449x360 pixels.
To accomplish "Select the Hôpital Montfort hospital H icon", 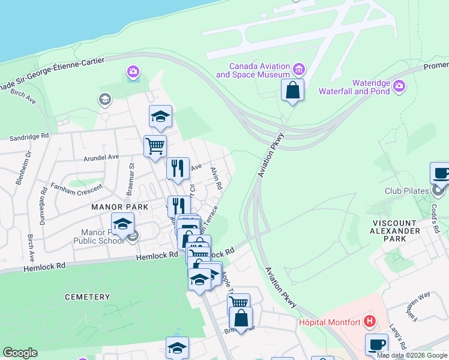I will coord(370,322).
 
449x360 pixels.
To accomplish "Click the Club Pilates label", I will coord(408,191).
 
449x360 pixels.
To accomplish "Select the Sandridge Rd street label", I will coord(29,137).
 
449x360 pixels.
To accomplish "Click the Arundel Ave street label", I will coord(100,157).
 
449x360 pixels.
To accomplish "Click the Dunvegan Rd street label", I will coord(43,208).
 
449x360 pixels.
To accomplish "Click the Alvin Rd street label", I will coord(217,179).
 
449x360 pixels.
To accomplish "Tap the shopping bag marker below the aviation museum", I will coord(292,91).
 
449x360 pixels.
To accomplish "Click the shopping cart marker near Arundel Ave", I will coord(155,146).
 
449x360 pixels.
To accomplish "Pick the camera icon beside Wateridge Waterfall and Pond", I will coord(399,88).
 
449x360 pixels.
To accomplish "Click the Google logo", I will coord(20,353).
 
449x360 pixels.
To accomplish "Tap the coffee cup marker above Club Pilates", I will coord(441,173).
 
